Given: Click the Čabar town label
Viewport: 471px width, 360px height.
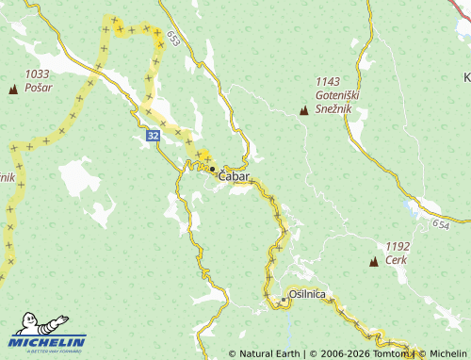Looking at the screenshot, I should pos(235,176).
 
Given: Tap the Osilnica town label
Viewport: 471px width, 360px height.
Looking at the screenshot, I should pos(307,295).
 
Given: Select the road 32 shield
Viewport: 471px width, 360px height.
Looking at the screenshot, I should pos(153,137).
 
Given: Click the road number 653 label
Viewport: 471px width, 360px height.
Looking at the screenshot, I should pos(173,38).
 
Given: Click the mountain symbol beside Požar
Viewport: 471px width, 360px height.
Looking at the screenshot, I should pos(13,90).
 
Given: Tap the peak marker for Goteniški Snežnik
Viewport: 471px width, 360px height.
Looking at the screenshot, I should pos(303,111).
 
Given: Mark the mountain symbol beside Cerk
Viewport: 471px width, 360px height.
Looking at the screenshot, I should pos(374,261).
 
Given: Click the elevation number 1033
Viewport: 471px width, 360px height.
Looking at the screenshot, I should pos(38,74).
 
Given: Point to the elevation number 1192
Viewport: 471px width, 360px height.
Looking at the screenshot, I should pos(399,245).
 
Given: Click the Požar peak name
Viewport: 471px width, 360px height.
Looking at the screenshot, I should pos(39,88).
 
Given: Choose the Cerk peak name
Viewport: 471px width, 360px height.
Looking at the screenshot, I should pos(396,259).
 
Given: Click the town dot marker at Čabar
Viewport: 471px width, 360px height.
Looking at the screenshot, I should pos(212,169).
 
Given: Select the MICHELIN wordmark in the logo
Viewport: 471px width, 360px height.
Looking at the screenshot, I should pos(48,342).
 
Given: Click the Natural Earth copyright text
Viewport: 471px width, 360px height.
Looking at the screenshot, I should pos(267,353).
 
